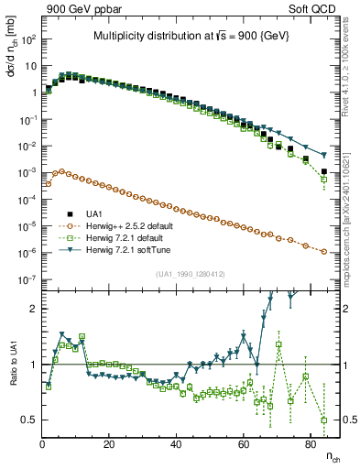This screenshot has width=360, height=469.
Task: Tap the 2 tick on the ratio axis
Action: coord(33,309)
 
